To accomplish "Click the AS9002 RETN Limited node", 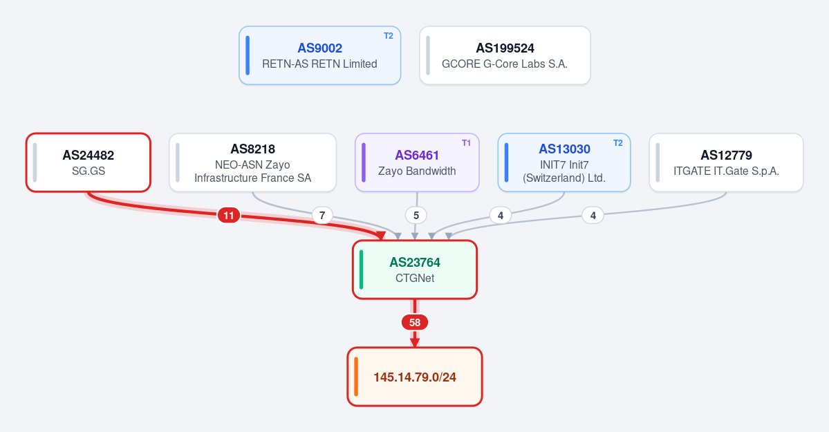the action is pos(320,55).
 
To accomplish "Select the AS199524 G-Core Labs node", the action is pos(505,55).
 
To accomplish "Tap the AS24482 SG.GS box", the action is pos(89,162).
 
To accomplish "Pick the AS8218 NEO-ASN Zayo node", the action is pos(253,162).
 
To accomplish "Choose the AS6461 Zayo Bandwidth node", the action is pos(417,162).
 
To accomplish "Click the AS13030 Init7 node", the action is pos(564,162).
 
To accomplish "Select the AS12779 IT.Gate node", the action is pos(726,162).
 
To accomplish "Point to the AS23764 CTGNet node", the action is pos(415,270).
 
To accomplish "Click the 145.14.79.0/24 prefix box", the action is pos(415,377).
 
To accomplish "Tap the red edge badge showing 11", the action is pos(228,215).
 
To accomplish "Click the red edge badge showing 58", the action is pos(415,322).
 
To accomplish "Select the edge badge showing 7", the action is pos(322,215).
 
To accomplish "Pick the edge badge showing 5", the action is pos(416,215).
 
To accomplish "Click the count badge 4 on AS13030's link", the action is pos(500,215).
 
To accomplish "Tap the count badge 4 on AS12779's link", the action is pos(593,215).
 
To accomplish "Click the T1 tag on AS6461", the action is pos(466,143).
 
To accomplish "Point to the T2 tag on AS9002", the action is pos(389,36).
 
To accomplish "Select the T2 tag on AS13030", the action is pos(618,143).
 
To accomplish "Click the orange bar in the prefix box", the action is pos(356,377).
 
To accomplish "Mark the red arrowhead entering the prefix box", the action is pos(415,343).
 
